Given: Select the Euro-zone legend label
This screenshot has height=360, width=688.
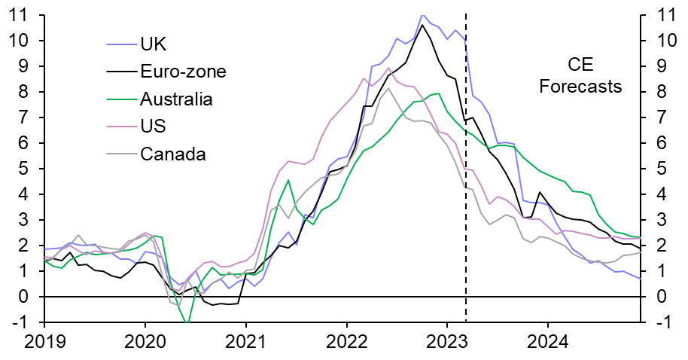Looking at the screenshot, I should click(x=183, y=72).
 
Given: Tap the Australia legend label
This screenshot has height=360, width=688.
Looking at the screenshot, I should click(x=176, y=99).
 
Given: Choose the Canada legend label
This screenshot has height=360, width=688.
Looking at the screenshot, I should click(x=173, y=154).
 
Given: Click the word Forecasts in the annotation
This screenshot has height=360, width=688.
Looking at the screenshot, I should click(x=580, y=86).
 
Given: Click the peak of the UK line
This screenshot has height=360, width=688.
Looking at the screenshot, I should click(x=422, y=15).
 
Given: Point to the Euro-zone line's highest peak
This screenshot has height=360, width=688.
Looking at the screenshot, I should click(x=422, y=25).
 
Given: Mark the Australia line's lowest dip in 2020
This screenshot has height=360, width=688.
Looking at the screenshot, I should click(x=186, y=323).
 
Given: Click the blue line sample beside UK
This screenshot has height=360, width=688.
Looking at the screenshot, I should click(x=121, y=45).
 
